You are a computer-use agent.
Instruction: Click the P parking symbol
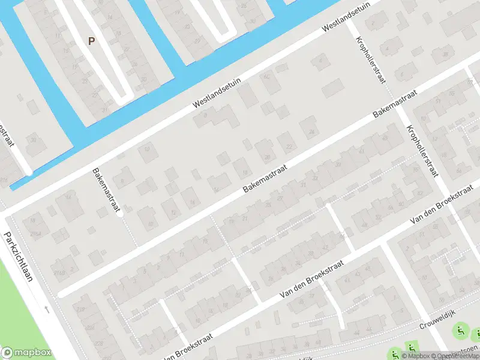click(91, 41)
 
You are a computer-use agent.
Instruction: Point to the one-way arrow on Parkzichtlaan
click(47, 310)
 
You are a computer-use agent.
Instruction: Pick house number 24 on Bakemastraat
click(310, 133)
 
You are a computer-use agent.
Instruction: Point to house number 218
click(81, 310)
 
